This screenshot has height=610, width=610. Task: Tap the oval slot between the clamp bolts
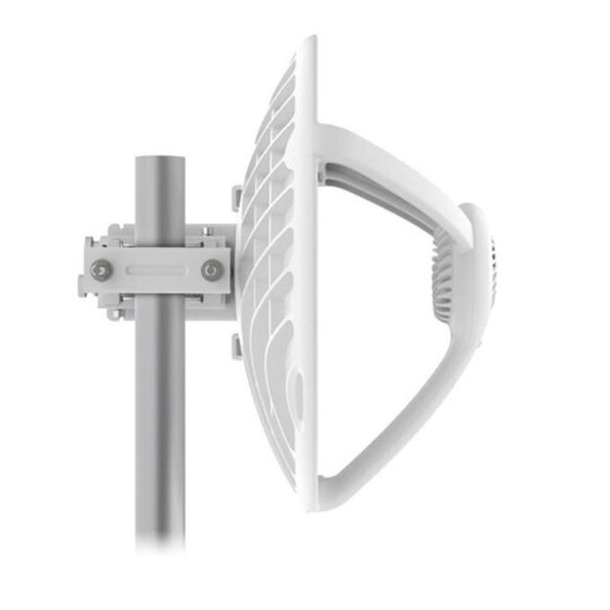[155, 268]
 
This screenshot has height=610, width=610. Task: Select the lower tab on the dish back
[237, 345]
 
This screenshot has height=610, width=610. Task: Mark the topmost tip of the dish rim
[311, 40]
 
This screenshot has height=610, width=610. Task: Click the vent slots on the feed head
[491, 270]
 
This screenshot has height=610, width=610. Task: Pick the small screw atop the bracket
[207, 232]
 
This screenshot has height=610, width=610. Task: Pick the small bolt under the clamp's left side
[114, 313]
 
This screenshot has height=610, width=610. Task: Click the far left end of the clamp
[82, 268]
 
